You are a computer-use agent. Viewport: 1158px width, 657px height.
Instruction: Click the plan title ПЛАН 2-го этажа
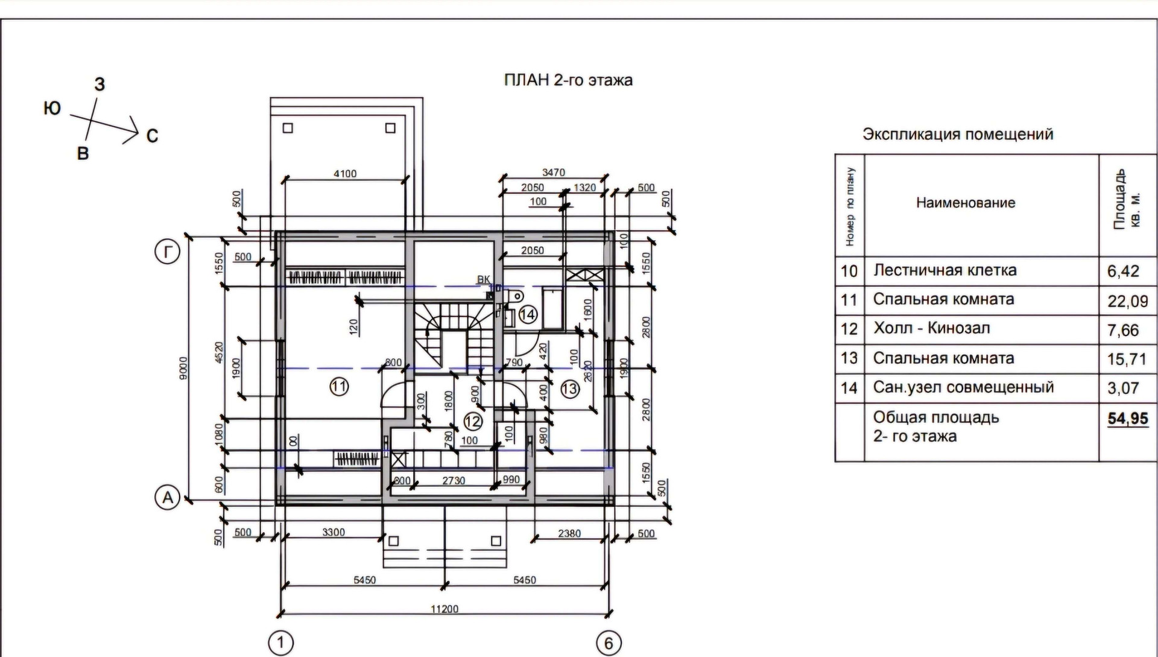(568, 80)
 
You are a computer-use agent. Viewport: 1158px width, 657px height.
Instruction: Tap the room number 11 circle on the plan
(339, 386)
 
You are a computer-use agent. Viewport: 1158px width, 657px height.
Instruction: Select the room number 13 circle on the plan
(569, 389)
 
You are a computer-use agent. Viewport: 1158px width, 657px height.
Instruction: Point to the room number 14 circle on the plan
(528, 314)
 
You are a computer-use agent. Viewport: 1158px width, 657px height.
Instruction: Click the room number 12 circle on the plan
(473, 421)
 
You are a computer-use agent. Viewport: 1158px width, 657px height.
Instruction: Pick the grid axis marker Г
(167, 252)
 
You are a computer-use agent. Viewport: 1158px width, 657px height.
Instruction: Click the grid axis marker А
(167, 498)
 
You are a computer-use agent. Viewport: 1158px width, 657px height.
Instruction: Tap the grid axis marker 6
(608, 643)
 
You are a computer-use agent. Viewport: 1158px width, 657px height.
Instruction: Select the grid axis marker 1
(280, 643)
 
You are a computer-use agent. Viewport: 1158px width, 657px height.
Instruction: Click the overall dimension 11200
(445, 609)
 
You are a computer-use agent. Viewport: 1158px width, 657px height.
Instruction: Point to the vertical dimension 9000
(184, 368)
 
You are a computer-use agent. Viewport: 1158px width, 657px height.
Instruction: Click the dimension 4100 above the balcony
(345, 174)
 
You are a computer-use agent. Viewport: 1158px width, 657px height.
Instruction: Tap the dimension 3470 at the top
(553, 173)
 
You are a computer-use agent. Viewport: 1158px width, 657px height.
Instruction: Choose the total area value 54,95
(1127, 419)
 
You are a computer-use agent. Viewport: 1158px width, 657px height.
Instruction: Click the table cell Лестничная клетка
(944, 270)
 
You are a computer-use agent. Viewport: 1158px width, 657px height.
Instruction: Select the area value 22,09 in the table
(1127, 301)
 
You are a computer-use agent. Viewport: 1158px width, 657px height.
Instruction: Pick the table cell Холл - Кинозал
(931, 329)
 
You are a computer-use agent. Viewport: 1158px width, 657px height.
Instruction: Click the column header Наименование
(965, 203)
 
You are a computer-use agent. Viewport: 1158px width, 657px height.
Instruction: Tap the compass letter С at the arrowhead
(153, 136)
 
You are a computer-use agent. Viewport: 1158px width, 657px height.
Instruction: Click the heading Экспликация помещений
(958, 134)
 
